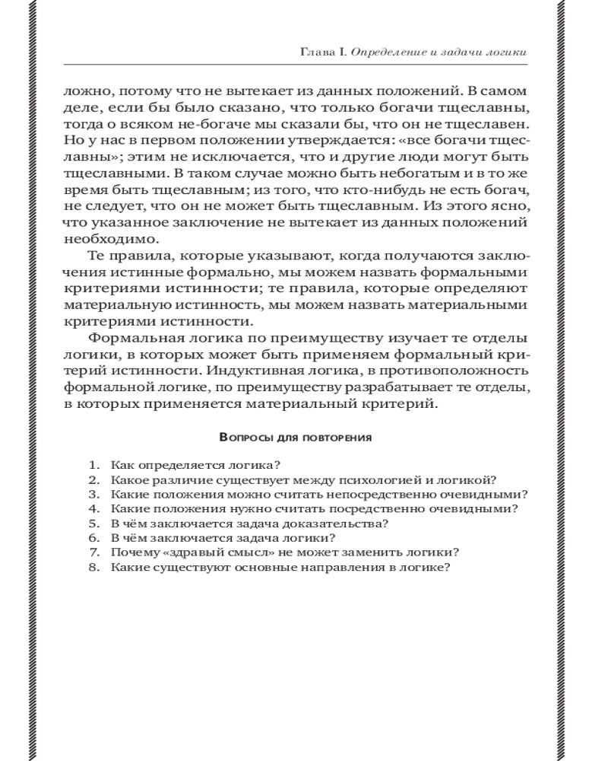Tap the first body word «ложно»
pyautogui.click(x=83, y=89)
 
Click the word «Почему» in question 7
pyautogui.click(x=131, y=552)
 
